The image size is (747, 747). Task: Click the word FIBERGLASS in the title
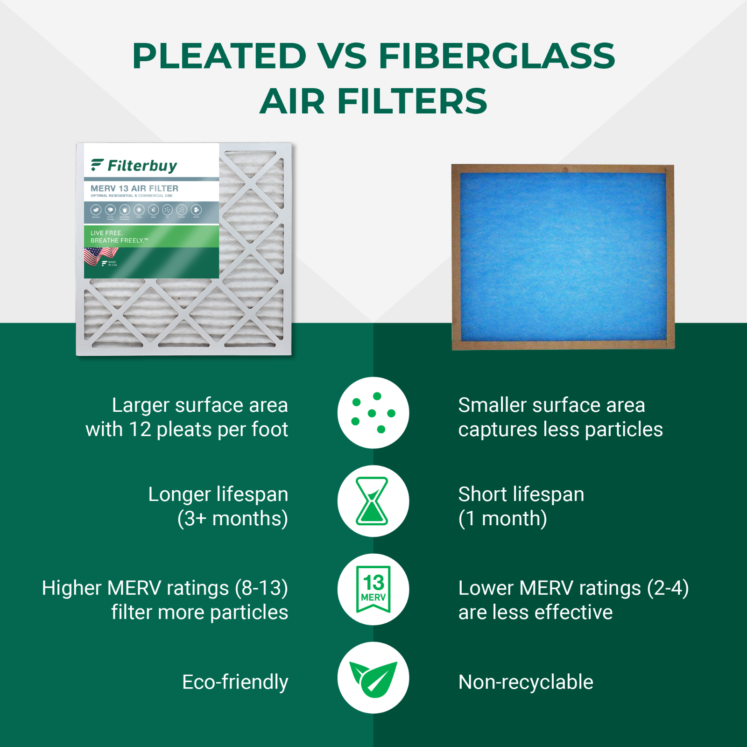496,56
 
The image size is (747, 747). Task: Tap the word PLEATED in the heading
219,56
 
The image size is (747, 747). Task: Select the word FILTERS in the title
412,101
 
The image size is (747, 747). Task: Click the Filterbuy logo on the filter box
134,165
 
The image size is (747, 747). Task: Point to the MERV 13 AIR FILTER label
134,188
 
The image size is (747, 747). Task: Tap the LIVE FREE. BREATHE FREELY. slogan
120,237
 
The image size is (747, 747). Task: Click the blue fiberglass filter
563,257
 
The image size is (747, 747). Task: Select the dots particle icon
373,413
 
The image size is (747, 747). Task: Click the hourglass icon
372,501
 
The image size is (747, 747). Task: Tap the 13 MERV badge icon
373,589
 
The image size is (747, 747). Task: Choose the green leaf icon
373,678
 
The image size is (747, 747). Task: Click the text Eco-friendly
235,682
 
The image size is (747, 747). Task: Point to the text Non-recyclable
526,682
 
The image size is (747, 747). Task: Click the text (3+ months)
233,519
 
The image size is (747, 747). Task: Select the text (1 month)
502,519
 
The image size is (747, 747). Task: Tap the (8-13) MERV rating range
261,588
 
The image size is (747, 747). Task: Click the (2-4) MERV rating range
668,588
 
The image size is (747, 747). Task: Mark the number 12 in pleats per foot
140,430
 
